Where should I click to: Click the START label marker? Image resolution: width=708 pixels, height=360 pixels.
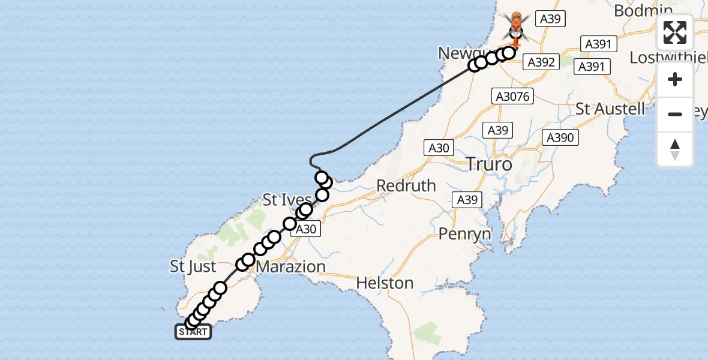pos(193,332)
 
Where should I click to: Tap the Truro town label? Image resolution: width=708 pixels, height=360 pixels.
pos(490,164)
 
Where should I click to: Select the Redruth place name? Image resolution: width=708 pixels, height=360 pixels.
pos(406,186)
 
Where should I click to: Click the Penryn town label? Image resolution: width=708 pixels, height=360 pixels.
pos(465,233)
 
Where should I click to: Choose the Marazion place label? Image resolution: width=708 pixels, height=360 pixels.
pos(290,266)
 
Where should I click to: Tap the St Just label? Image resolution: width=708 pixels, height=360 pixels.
pos(193,266)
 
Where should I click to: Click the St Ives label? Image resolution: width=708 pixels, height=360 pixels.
pos(287,200)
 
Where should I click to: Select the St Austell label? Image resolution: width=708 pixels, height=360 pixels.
pos(610,109)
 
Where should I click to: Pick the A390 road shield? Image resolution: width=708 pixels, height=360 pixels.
pos(560,137)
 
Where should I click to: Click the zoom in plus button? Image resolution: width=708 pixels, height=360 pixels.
pos(675,79)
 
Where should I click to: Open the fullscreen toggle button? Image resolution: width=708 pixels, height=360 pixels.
pos(675,32)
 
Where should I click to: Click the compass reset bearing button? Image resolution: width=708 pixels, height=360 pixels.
pos(675,149)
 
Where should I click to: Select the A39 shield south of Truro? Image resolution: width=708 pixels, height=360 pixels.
pos(467,200)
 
